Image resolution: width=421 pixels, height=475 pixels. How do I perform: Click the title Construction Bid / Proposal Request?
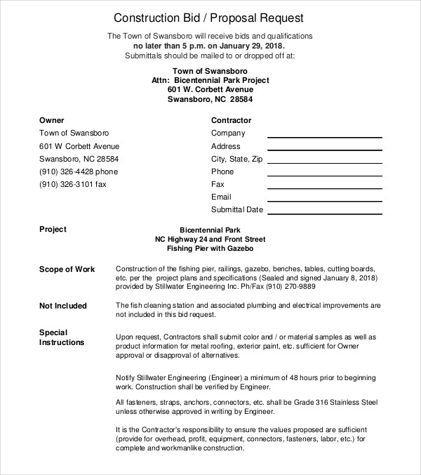click(x=208, y=17)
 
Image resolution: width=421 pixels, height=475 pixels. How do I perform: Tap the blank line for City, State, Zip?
click(x=324, y=162)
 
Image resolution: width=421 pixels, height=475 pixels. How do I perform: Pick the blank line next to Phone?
click(x=324, y=174)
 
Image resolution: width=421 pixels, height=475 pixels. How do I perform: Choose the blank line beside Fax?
click(x=324, y=187)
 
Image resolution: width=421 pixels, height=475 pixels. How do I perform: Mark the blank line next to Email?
click(x=324, y=200)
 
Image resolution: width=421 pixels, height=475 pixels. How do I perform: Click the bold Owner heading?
click(x=52, y=120)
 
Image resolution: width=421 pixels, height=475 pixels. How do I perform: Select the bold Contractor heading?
click(x=231, y=120)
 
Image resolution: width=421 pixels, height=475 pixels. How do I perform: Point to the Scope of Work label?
click(x=67, y=269)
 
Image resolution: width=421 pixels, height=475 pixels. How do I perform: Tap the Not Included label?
click(x=63, y=306)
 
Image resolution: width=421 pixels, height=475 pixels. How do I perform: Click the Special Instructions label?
click(x=62, y=337)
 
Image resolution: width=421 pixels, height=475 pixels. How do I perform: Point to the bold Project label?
click(x=53, y=229)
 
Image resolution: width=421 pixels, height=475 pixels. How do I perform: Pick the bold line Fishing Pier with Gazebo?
click(x=210, y=249)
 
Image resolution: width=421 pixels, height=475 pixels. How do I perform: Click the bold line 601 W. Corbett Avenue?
click(x=210, y=90)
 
